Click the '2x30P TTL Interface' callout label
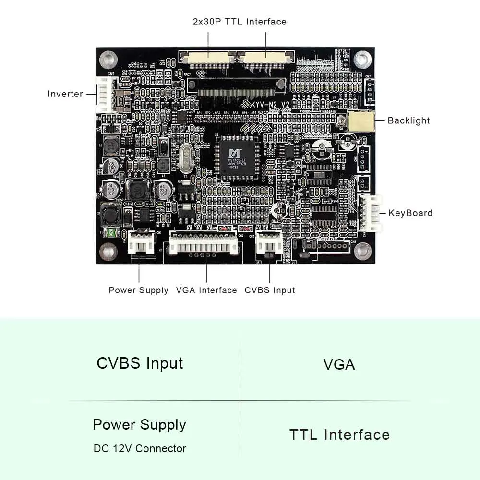tap(239, 22)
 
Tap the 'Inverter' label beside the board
tap(65, 94)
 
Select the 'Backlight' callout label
tap(408, 120)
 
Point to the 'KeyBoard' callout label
tap(410, 213)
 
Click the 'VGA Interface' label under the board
tap(206, 290)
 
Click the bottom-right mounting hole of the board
tap(364, 251)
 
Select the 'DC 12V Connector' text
tap(140, 448)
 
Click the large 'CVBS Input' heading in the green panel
tap(140, 363)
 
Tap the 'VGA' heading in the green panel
tap(339, 364)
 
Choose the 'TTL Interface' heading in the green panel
tap(339, 435)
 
